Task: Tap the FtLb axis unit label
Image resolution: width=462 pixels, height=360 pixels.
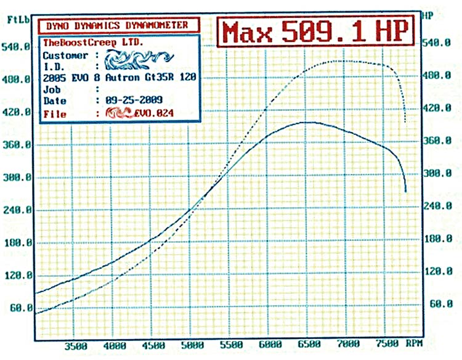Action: (16, 19)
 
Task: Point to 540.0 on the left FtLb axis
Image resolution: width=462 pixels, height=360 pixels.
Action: (18, 46)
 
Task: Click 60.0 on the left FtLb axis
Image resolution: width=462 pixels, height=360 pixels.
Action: (20, 308)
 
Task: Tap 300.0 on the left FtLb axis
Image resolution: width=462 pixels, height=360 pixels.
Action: (18, 177)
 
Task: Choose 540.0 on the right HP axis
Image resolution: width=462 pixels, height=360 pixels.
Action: (440, 43)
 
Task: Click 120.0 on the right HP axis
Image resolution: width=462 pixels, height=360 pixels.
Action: (440, 271)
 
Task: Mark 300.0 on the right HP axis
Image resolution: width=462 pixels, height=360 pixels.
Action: (440, 174)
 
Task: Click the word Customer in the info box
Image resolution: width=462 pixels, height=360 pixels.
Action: (64, 55)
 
